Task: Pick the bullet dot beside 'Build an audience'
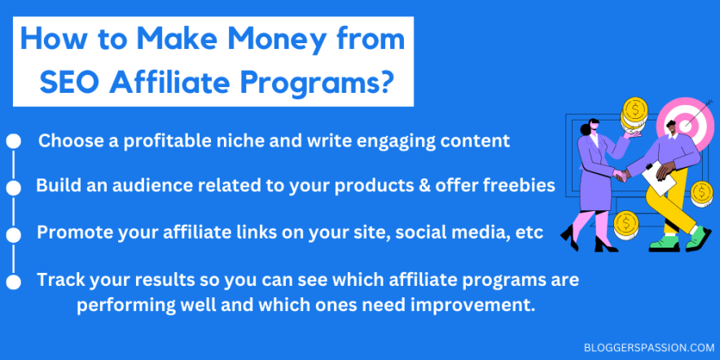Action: point(13,188)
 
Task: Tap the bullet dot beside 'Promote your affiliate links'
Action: point(13,235)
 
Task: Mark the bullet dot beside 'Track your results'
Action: point(13,282)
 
